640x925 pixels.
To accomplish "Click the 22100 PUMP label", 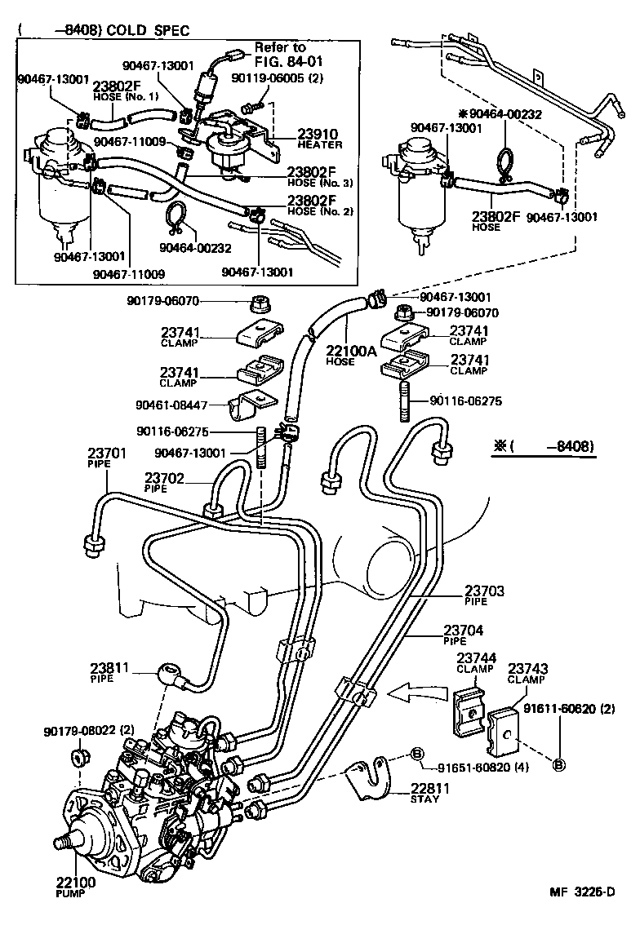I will pos(75,887).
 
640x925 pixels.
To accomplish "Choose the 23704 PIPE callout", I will pos(463,634).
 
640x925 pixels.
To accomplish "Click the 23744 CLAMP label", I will pos(475,662).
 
